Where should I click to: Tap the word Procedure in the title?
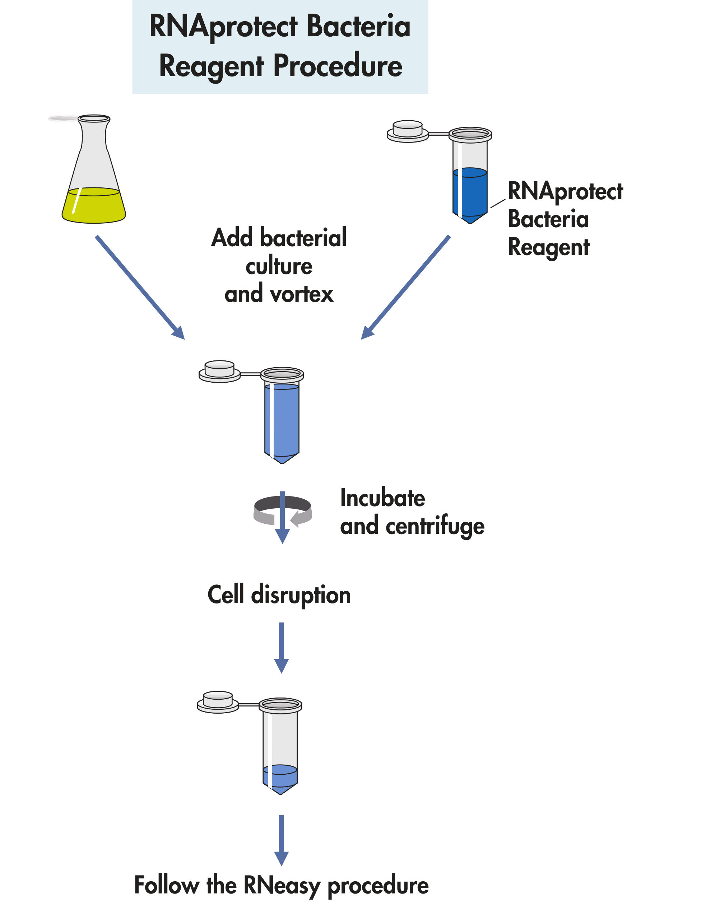338,66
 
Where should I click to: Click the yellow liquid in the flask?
94,207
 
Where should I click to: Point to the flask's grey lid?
63,118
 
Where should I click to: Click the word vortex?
302,294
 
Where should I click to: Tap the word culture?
279,266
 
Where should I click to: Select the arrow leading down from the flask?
140,287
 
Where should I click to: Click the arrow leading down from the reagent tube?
406,287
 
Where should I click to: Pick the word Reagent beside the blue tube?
548,247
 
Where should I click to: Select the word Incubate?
382,499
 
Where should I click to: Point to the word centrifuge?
435,527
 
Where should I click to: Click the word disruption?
301,596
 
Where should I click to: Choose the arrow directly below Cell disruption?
281,647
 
